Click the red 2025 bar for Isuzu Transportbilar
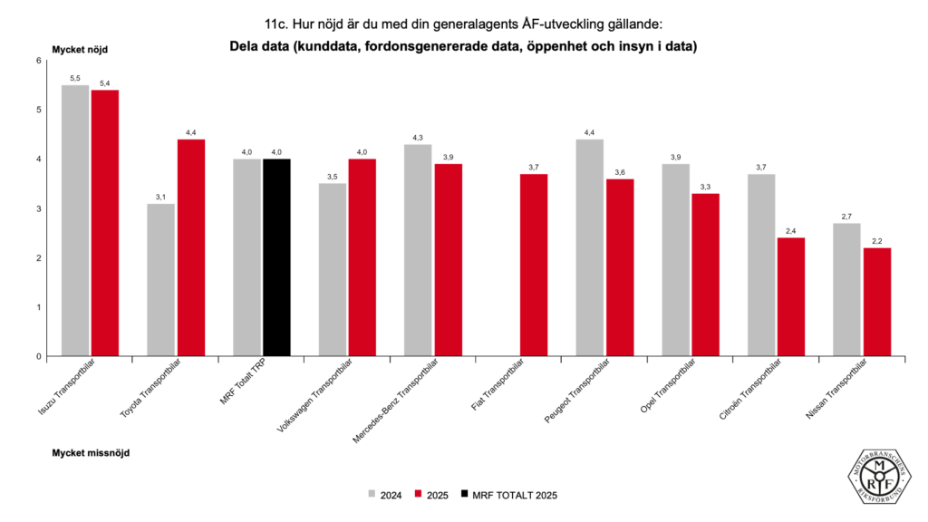click(x=104, y=223)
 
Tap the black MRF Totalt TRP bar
click(x=276, y=257)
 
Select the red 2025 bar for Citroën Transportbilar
click(x=790, y=296)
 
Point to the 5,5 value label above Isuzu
click(x=75, y=79)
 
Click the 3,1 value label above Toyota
click(x=161, y=197)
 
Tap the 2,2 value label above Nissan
click(x=876, y=241)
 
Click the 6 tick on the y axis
click(x=39, y=61)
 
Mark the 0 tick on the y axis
click(x=39, y=356)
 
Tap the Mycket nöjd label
click(x=80, y=49)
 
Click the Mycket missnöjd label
click(x=91, y=451)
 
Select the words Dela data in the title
click(x=263, y=46)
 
